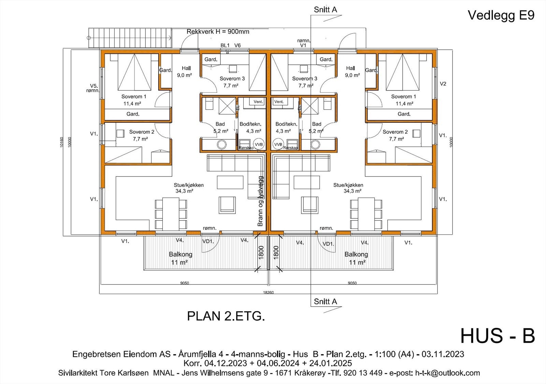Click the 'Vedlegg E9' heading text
pyautogui.click(x=501, y=15)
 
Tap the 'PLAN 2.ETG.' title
pyautogui.click(x=226, y=316)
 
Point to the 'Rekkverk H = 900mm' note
pyautogui.click(x=218, y=32)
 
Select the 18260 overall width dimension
pyautogui.click(x=268, y=292)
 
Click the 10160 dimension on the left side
pyautogui.click(x=62, y=142)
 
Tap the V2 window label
pyautogui.click(x=443, y=83)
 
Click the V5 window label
pyautogui.click(x=94, y=86)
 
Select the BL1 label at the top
pyautogui.click(x=225, y=45)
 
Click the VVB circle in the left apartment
pyautogui.click(x=259, y=144)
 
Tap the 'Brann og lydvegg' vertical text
pyautogui.click(x=261, y=201)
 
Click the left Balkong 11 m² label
pyautogui.click(x=180, y=258)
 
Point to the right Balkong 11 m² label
pyautogui.click(x=356, y=258)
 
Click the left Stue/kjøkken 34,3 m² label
pyautogui.click(x=188, y=188)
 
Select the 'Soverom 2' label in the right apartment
pyautogui.click(x=395, y=132)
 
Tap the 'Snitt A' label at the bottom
pyautogui.click(x=325, y=302)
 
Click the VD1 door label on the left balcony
pyautogui.click(x=208, y=242)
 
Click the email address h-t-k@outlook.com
pyautogui.click(x=447, y=373)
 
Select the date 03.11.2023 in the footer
pyautogui.click(x=443, y=354)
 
